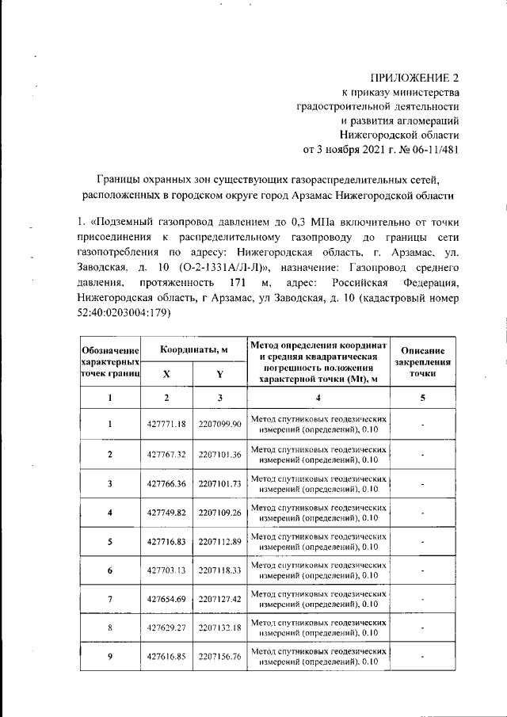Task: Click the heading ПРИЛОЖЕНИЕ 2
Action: (x=417, y=78)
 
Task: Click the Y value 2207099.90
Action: (x=219, y=425)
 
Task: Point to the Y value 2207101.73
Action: (x=219, y=483)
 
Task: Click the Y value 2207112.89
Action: (x=219, y=541)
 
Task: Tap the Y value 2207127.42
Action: (x=219, y=599)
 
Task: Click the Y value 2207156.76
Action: (x=219, y=657)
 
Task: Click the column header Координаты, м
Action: (x=193, y=349)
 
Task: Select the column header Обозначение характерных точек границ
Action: (x=110, y=360)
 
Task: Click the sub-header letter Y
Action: (x=219, y=374)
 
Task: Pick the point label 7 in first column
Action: (x=110, y=599)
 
